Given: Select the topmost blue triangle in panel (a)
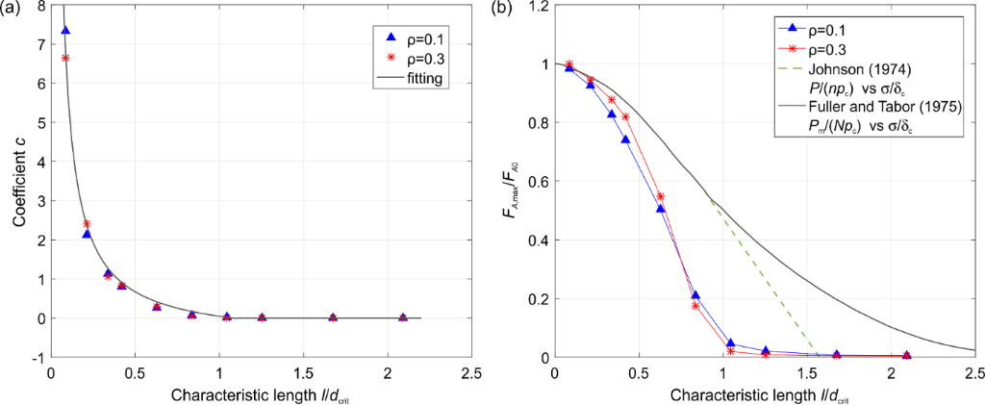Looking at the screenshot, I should [x=65, y=30].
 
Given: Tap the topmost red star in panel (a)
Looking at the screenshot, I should [x=65, y=59].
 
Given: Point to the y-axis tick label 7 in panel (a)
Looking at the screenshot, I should [x=39, y=45].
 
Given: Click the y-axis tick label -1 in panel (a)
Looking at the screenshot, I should [x=37, y=358].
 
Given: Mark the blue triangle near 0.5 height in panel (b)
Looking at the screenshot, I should [x=660, y=208].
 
